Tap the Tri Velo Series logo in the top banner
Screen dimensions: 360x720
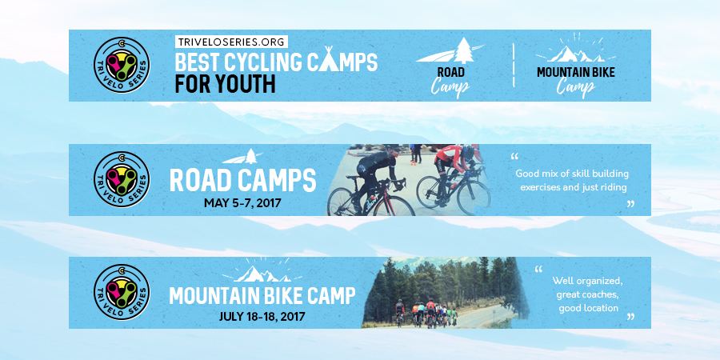pos(121,66)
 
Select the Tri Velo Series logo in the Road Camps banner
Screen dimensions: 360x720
pos(121,180)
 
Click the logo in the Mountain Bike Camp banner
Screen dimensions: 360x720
pos(121,293)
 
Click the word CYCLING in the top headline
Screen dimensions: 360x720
pos(277,62)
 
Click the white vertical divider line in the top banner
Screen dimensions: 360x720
pos(513,66)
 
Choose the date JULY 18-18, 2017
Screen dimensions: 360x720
pos(260,316)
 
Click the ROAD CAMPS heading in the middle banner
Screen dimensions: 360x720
pos(242,180)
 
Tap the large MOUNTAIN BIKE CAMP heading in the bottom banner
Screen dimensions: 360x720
pos(262,296)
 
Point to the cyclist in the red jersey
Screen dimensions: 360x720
pos(454,172)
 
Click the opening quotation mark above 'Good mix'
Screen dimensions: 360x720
pos(514,156)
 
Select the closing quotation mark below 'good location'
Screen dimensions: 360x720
pos(630,318)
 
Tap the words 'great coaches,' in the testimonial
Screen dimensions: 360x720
pos(585,294)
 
